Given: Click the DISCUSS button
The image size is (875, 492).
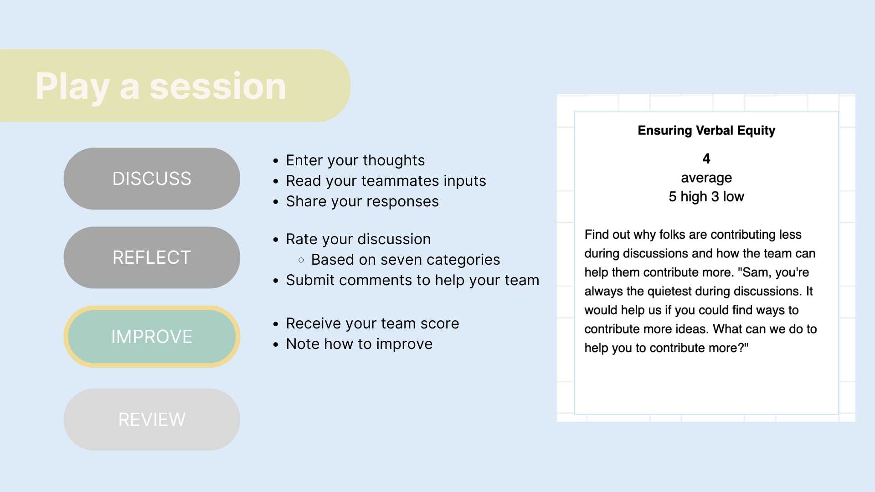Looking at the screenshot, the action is click(x=152, y=179).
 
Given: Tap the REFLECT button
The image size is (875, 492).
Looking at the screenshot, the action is click(x=152, y=257).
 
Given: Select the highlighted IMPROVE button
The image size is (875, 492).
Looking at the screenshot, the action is click(x=152, y=337).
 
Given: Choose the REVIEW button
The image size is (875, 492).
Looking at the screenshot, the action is click(x=152, y=420).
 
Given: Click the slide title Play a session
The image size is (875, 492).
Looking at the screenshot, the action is click(x=161, y=87).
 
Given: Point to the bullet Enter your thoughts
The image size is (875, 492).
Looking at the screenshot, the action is click(x=355, y=160).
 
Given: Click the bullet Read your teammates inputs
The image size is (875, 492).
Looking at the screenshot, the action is click(x=386, y=181).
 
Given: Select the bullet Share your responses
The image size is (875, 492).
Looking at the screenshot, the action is click(x=362, y=201).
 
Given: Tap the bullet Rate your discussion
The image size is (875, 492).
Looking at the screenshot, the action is click(x=358, y=239).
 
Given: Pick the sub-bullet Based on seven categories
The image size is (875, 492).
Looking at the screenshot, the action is click(x=406, y=260).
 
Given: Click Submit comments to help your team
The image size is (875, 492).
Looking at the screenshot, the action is click(x=412, y=280).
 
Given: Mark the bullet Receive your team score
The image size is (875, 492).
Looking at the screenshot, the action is click(x=372, y=323).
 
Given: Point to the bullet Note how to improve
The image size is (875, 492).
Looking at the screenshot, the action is click(x=359, y=344).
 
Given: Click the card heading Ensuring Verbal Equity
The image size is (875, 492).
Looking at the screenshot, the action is click(x=706, y=131).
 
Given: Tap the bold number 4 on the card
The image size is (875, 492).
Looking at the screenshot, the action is click(x=706, y=159).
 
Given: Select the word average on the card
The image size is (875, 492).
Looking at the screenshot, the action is click(x=706, y=178).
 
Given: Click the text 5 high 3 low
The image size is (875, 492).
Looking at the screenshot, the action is click(x=706, y=196).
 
